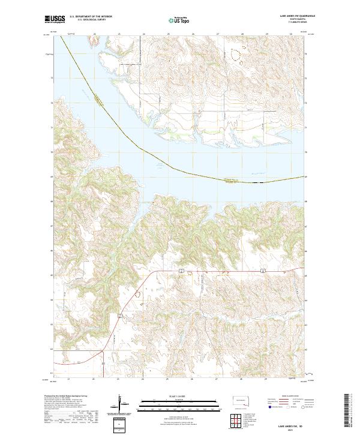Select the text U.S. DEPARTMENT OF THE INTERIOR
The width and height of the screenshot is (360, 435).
91,16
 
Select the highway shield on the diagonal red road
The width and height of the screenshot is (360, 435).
120,315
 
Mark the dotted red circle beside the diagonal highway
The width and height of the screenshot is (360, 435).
139,295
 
